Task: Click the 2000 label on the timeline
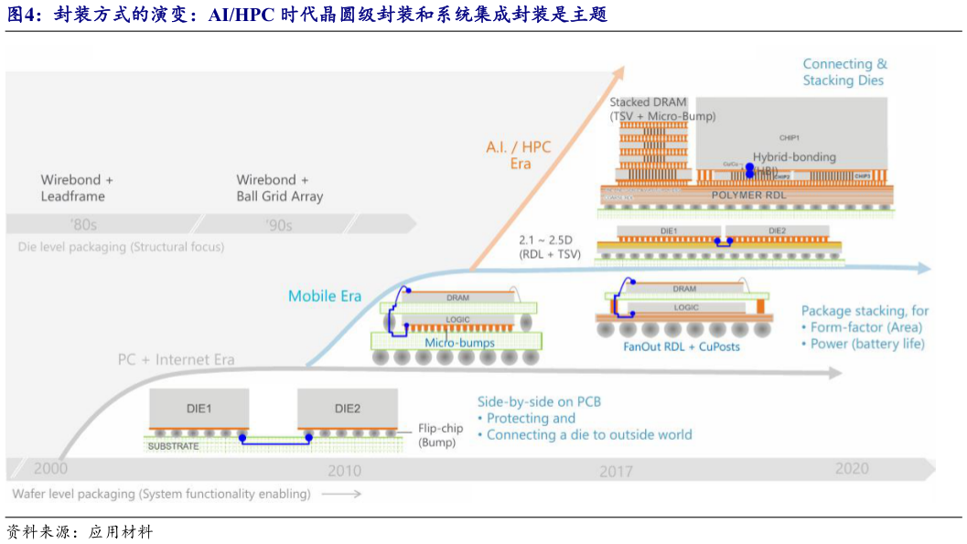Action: tap(50, 469)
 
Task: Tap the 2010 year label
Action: tap(344, 471)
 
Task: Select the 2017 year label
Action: tap(616, 472)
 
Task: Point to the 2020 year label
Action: tap(851, 468)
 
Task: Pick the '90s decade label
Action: tap(278, 225)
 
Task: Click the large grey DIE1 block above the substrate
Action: tap(199, 409)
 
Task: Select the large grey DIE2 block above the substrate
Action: tap(348, 409)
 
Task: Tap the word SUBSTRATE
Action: tap(173, 445)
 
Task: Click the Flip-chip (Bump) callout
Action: tap(440, 435)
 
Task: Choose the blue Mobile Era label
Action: tap(325, 296)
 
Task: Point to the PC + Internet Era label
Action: tap(176, 359)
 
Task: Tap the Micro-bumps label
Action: tap(459, 343)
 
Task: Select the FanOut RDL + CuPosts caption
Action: tap(682, 347)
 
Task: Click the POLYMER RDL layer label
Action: tap(748, 195)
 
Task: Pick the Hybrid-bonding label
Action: tap(794, 157)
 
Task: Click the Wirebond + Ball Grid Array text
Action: tap(279, 187)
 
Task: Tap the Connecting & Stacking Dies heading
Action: tap(844, 72)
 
